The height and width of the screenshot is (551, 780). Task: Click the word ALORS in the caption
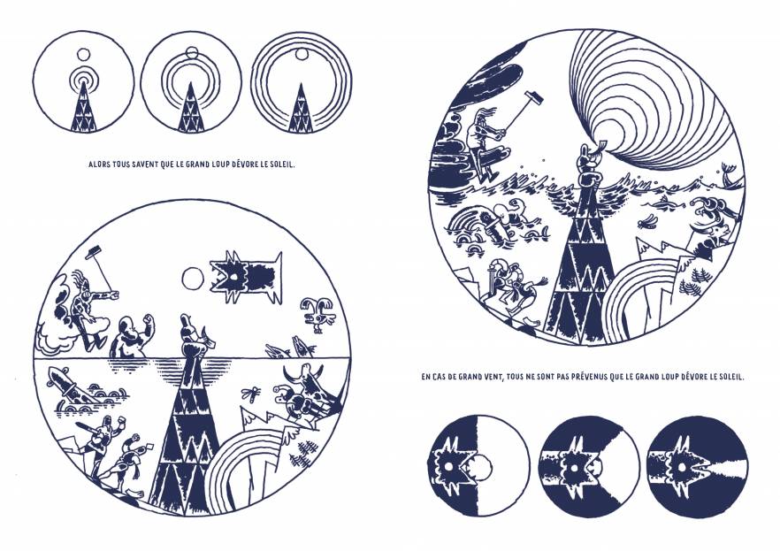(x=98, y=165)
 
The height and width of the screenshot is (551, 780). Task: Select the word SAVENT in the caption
(x=146, y=165)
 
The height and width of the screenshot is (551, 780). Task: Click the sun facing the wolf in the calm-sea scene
(x=193, y=279)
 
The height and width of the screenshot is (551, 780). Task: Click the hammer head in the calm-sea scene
(x=93, y=254)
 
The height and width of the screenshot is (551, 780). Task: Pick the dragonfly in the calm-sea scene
(x=251, y=394)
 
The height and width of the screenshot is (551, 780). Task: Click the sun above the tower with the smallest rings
(x=83, y=54)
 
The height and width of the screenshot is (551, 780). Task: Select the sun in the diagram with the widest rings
(x=301, y=55)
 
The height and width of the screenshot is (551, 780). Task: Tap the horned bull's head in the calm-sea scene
(x=308, y=380)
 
